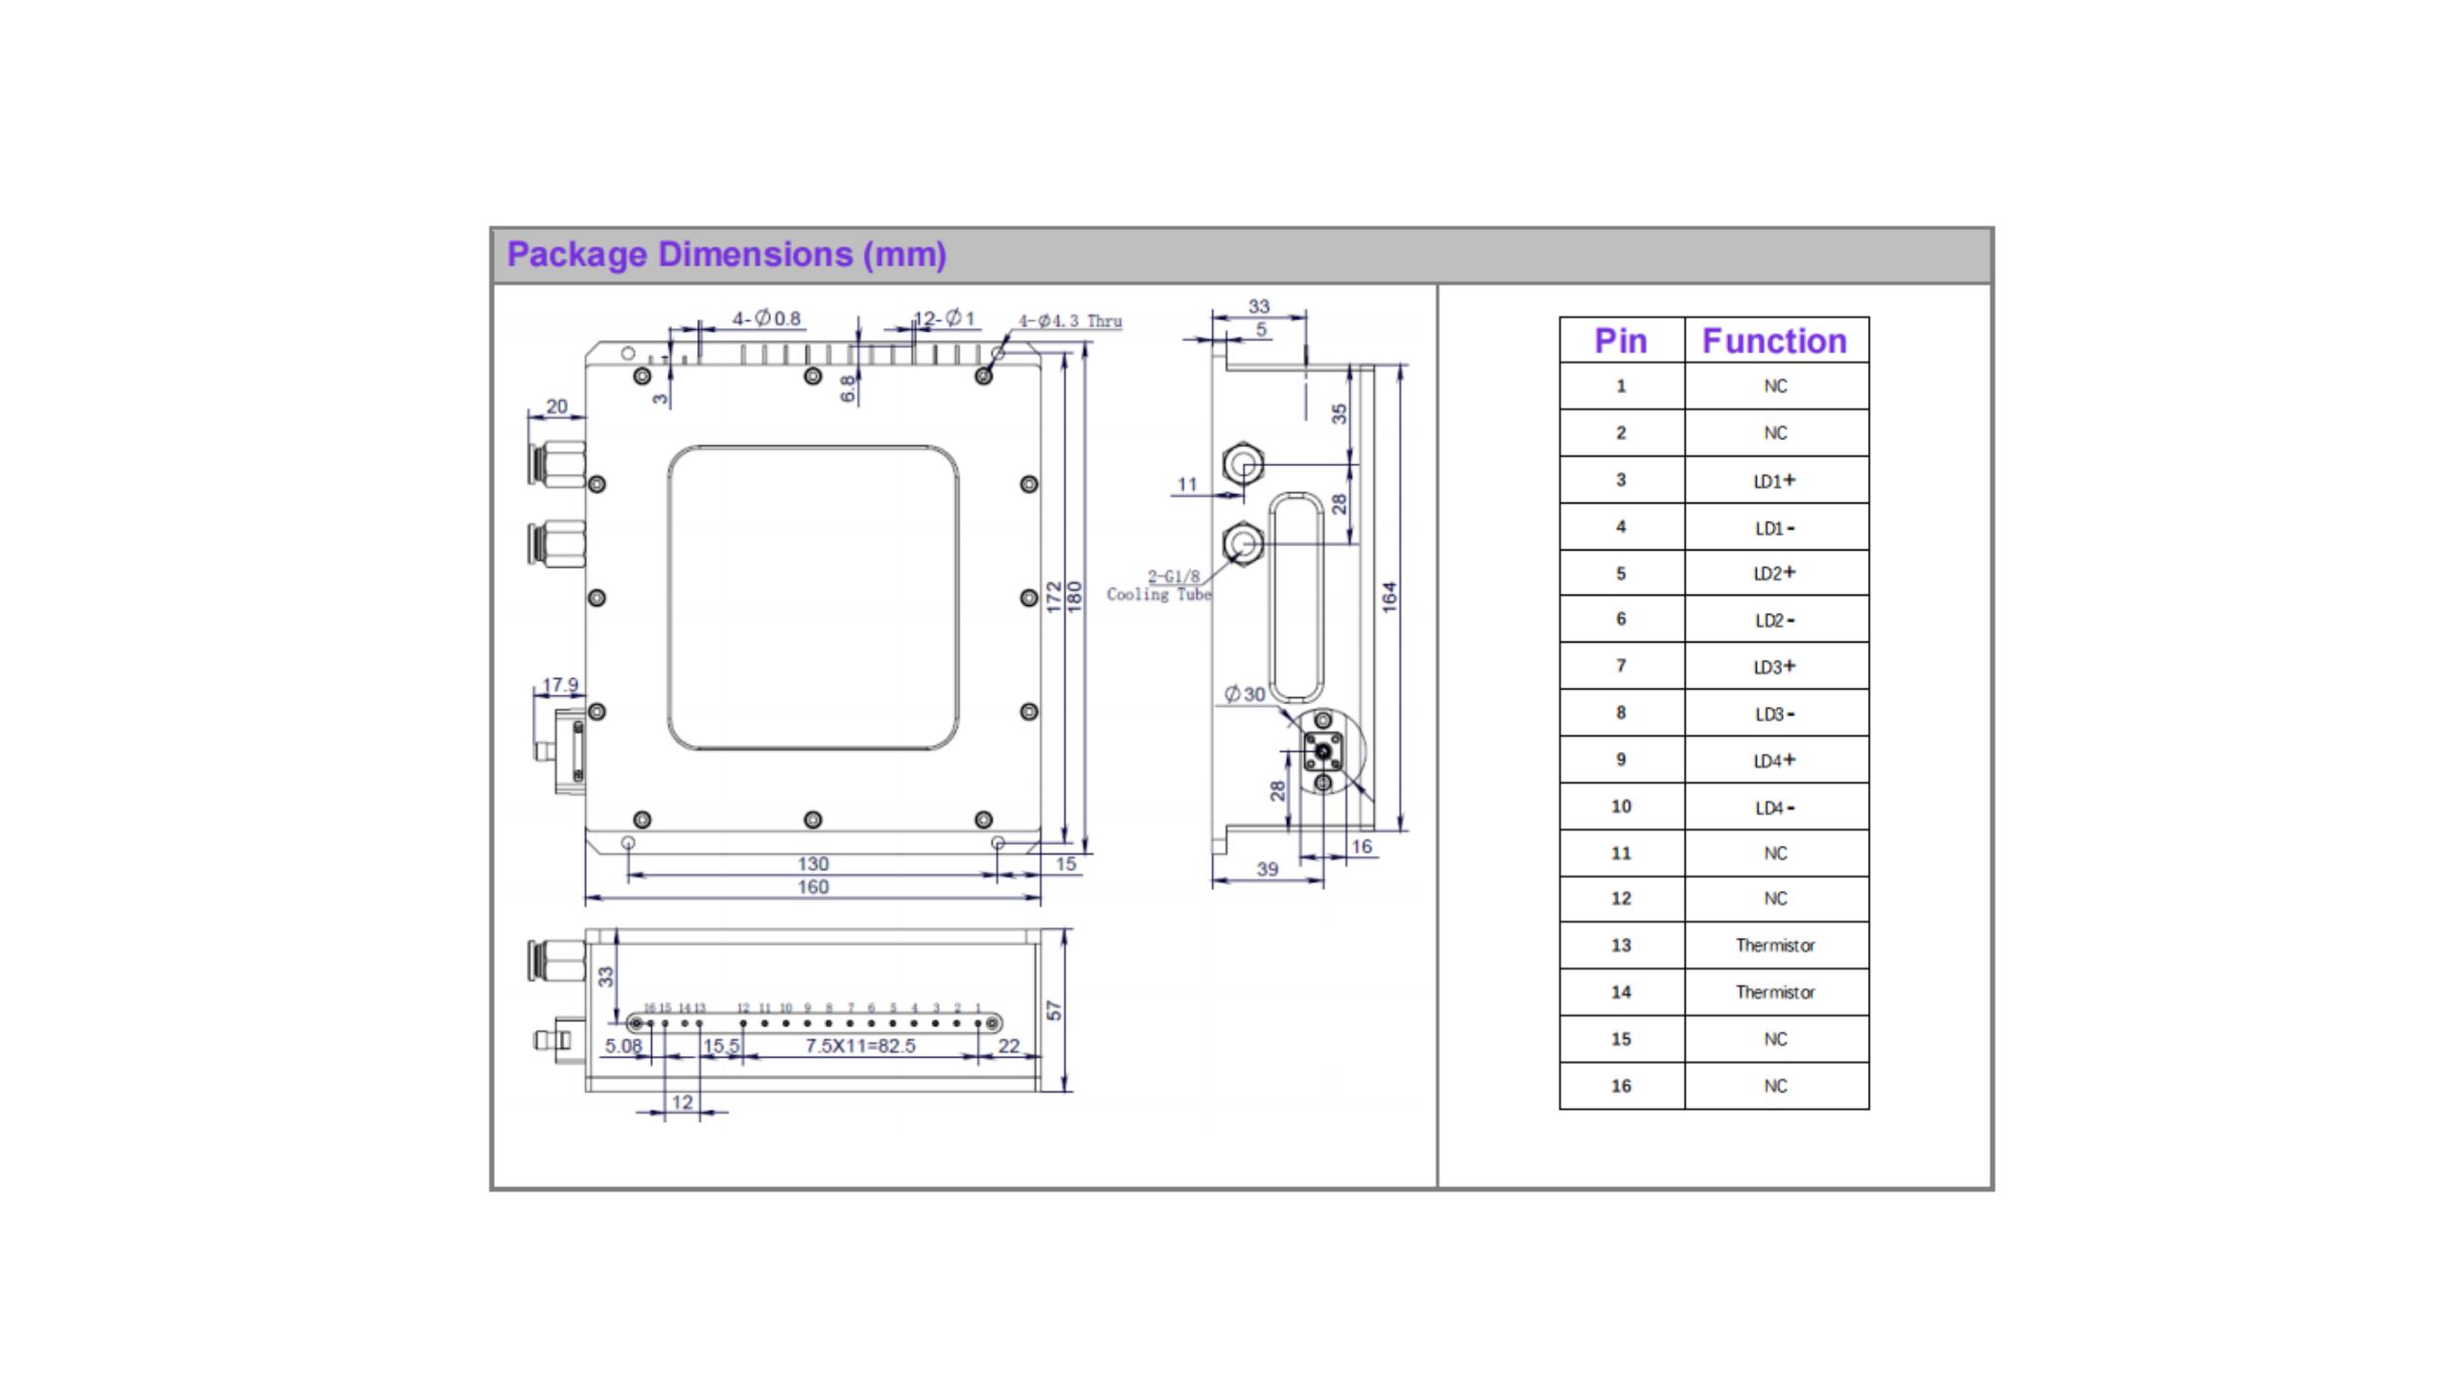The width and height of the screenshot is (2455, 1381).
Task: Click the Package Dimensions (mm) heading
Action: [x=726, y=254]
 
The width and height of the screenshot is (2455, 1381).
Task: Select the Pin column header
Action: [x=1620, y=340]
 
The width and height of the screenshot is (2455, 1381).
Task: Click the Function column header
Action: [x=1774, y=340]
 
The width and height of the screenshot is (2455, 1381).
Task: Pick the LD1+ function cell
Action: [x=1774, y=480]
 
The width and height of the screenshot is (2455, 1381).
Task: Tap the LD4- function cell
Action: [x=1774, y=808]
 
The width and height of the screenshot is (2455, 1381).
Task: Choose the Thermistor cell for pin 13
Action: [x=1774, y=946]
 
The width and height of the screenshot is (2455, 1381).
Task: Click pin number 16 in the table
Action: [x=1621, y=1086]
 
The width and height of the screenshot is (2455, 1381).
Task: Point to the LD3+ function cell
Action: [x=1774, y=667]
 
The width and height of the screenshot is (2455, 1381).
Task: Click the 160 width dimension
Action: [x=812, y=887]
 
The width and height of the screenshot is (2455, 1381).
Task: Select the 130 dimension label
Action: [x=812, y=864]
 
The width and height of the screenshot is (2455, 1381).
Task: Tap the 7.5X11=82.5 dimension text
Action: [x=860, y=1045]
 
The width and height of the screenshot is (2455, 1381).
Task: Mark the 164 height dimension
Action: [x=1390, y=597]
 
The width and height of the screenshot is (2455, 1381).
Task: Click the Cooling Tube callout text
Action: [x=1158, y=595]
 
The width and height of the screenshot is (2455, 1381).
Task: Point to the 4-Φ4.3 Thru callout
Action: [x=1069, y=321]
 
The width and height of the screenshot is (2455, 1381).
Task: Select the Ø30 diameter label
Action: [x=1245, y=693]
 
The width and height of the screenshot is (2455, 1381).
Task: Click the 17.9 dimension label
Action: [x=560, y=685]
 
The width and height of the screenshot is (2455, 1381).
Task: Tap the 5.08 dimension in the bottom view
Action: [x=623, y=1045]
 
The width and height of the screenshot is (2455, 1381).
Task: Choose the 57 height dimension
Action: [x=1055, y=1011]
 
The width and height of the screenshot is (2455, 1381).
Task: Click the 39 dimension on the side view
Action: [x=1267, y=869]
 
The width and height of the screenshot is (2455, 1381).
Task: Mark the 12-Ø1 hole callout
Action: [x=945, y=318]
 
